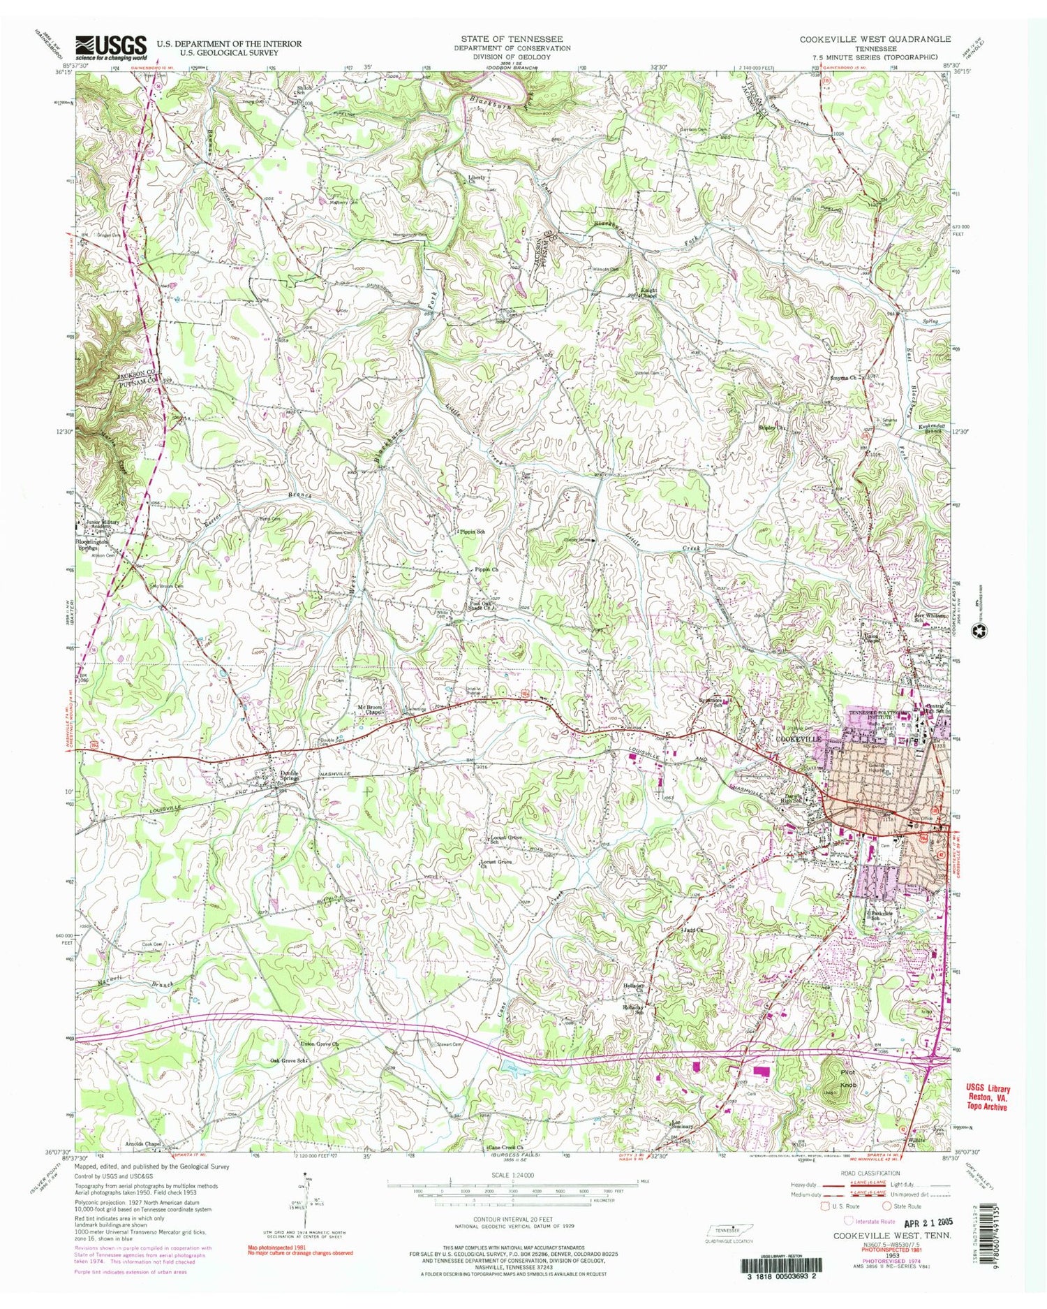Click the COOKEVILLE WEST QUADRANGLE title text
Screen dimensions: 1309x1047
(875, 39)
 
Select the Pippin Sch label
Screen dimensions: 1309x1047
(472, 532)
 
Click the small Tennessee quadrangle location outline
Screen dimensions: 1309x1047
(727, 1230)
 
